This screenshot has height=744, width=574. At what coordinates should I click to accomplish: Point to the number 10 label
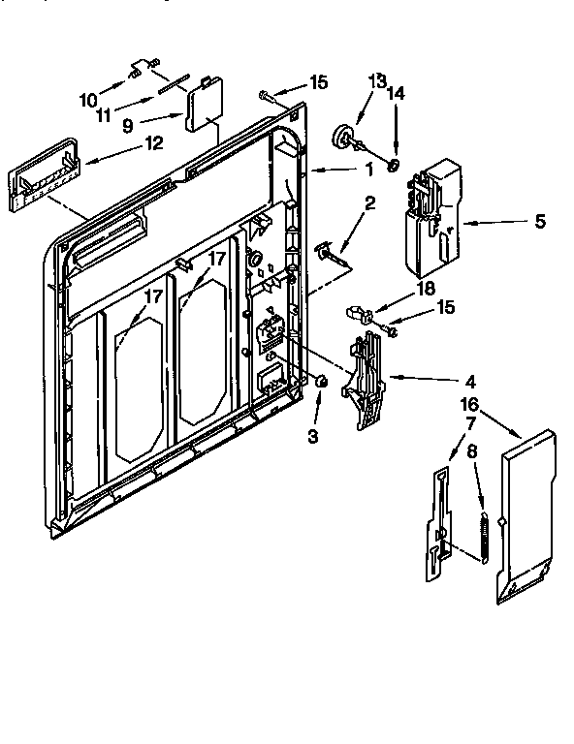pyautogui.click(x=87, y=99)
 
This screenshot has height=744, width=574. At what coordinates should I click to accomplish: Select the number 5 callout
pyautogui.click(x=539, y=222)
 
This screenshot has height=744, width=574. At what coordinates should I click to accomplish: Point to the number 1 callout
pyautogui.click(x=368, y=170)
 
